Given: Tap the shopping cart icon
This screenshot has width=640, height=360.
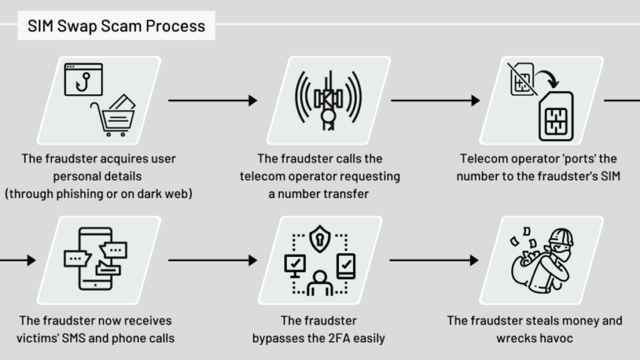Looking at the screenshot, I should [114, 117].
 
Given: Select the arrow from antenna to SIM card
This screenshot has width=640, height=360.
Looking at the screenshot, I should [435, 100].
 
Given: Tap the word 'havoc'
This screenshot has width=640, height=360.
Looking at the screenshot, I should [556, 338].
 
